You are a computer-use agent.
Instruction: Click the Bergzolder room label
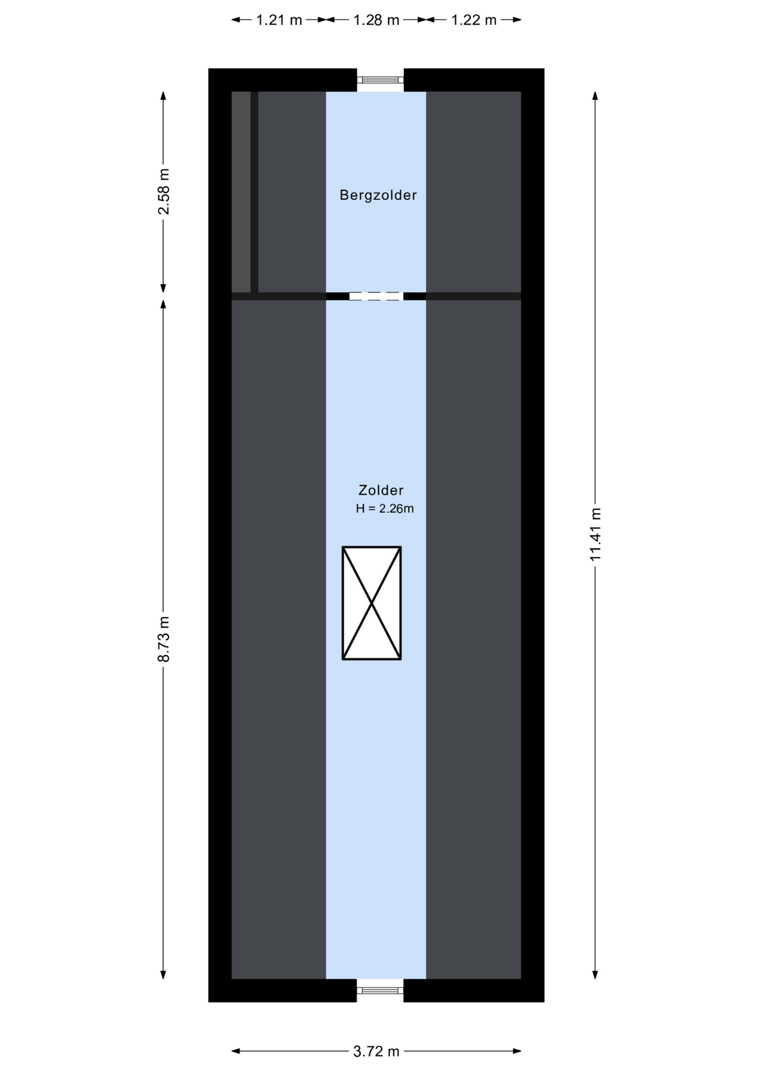point(378,195)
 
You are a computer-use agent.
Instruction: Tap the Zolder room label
point(381,490)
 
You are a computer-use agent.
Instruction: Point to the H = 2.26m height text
point(385,509)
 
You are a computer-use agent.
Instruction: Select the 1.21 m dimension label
point(279,20)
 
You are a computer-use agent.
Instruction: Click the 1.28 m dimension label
point(376,20)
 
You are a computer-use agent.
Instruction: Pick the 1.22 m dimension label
point(473,20)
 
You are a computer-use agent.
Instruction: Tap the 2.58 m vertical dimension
point(164,191)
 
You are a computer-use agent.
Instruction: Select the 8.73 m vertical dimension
point(164,639)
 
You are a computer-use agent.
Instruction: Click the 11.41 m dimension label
point(596,534)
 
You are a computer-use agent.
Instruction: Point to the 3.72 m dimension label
point(376,1051)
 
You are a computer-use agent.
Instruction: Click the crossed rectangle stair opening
point(372,603)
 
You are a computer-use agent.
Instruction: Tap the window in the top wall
point(380,80)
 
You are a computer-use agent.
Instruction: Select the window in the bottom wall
point(380,991)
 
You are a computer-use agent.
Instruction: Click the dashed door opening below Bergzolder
point(376,296)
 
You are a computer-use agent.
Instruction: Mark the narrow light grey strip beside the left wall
point(241,192)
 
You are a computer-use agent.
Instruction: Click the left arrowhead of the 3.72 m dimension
point(235,1051)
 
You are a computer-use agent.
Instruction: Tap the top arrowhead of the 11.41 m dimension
point(596,95)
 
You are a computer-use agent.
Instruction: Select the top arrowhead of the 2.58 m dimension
point(164,95)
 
